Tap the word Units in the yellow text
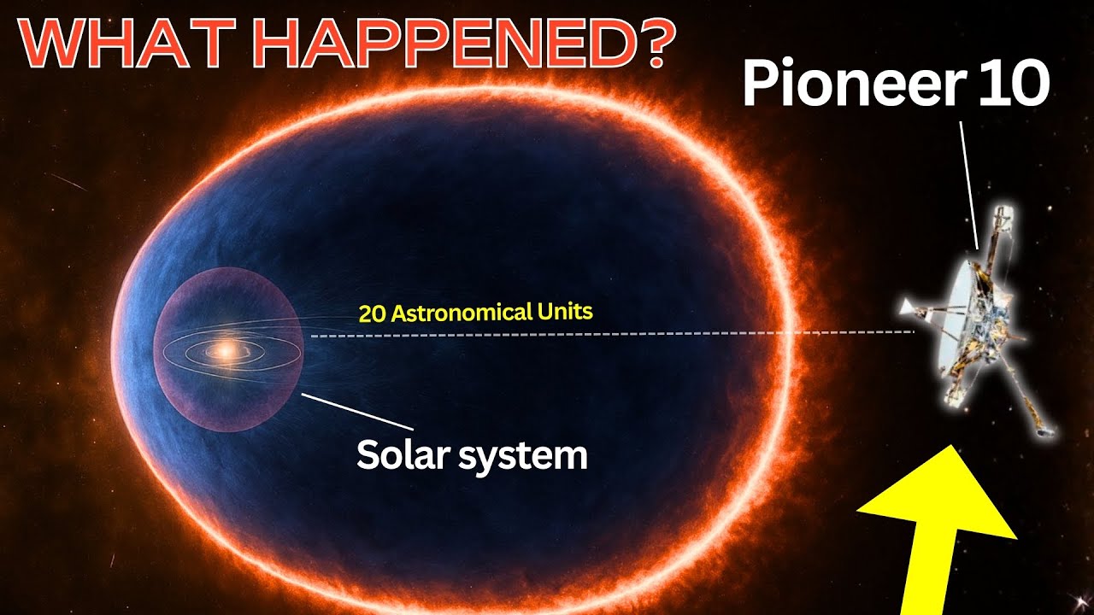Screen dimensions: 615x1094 [x=564, y=311]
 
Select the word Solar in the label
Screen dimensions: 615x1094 [x=403, y=455]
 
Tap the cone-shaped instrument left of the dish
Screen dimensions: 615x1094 [x=910, y=309]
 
